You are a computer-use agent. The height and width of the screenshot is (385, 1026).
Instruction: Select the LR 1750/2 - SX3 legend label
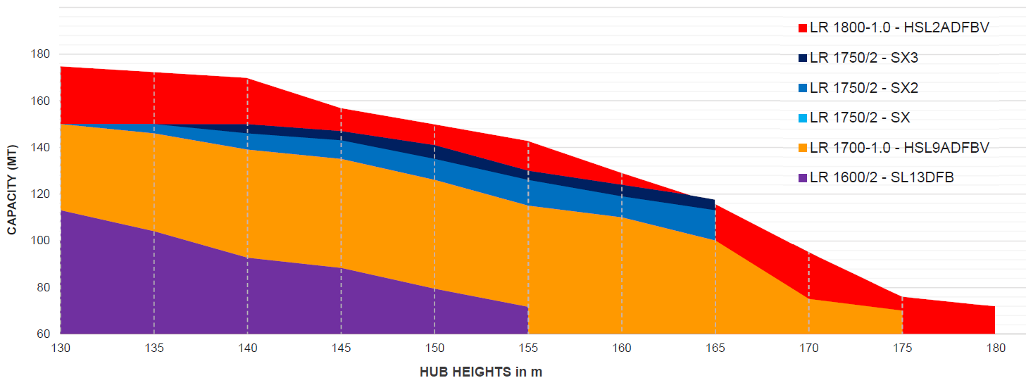[x=863, y=58]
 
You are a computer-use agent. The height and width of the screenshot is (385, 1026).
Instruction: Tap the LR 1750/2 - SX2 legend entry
[x=863, y=88]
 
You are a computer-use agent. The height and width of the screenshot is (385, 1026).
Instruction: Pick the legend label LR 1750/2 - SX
[x=860, y=118]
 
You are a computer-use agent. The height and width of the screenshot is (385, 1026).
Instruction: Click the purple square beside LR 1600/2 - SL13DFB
[x=802, y=178]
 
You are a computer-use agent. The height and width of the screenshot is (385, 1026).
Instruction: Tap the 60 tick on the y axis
[x=43, y=334]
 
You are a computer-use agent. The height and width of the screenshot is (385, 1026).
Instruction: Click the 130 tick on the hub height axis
[x=61, y=348]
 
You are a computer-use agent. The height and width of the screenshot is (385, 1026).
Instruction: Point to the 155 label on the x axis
[x=528, y=348]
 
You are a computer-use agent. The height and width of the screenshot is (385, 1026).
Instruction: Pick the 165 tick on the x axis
[x=715, y=348]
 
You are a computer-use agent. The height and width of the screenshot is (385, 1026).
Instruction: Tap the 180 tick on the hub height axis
[x=995, y=348]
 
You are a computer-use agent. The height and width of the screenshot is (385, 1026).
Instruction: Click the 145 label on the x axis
[x=341, y=348]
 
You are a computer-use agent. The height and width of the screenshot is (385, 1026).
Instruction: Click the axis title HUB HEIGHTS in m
[x=481, y=372]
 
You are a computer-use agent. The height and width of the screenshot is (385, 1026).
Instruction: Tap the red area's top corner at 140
[x=247, y=78]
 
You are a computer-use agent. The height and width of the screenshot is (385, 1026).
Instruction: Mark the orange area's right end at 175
[x=902, y=310]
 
